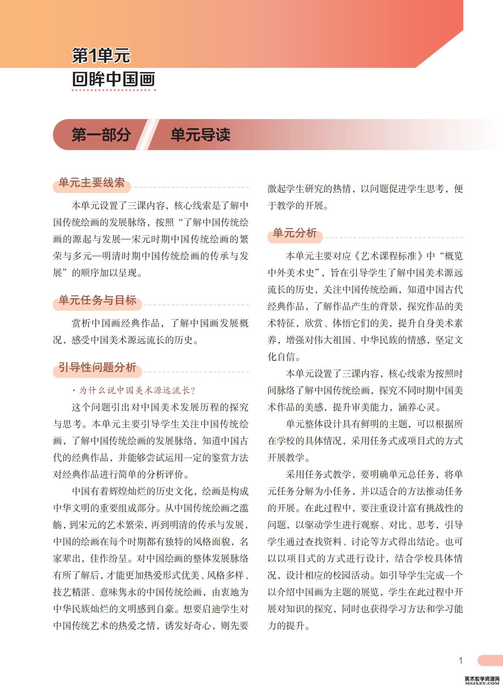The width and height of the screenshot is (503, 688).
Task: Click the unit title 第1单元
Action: click(x=101, y=55)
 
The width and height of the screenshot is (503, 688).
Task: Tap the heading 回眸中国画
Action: click(x=114, y=79)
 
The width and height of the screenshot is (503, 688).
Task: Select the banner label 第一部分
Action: click(x=101, y=135)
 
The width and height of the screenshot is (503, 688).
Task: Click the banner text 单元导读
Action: click(x=200, y=135)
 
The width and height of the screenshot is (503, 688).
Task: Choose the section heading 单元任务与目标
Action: click(x=98, y=300)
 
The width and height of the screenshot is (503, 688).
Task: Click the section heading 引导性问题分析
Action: click(x=98, y=367)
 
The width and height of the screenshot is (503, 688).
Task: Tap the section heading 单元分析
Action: click(x=295, y=233)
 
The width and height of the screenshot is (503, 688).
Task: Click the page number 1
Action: click(x=461, y=661)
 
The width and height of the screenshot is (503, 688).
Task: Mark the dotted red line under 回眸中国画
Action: click(x=114, y=90)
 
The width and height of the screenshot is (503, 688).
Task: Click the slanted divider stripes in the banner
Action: click(x=148, y=135)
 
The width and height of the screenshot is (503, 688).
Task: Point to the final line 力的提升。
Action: click(x=288, y=626)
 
